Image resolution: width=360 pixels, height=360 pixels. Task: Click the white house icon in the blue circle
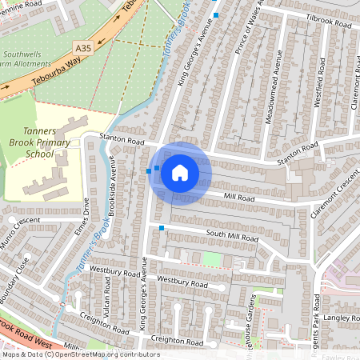180,173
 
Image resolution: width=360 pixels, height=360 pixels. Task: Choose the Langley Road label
342,318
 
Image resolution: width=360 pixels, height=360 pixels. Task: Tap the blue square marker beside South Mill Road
162,229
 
